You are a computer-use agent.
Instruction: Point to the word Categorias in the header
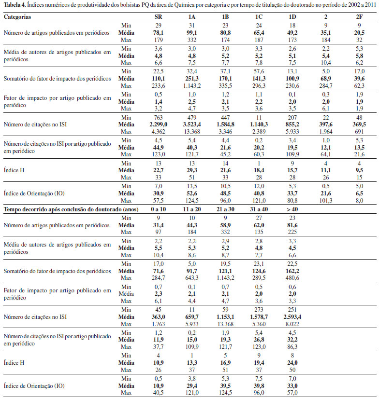[18, 16]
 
